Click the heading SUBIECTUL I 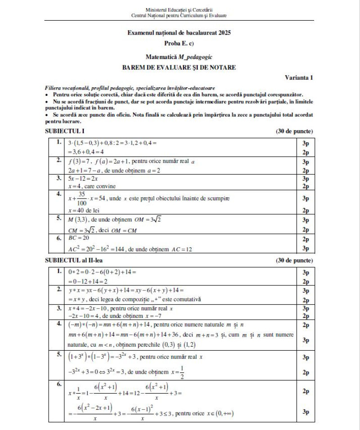[x=65, y=131]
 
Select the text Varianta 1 [x=299, y=77]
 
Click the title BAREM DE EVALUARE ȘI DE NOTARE [x=179, y=68]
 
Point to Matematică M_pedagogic [x=179, y=58]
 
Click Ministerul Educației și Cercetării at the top [x=179, y=9]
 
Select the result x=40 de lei [x=84, y=210]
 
